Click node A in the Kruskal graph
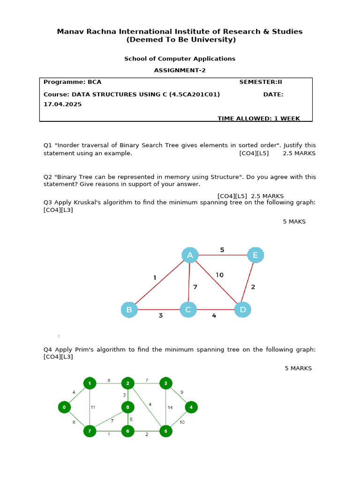click(190, 255)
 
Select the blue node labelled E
click(255, 255)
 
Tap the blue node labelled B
click(129, 310)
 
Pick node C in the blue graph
click(188, 310)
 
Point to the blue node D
click(243, 309)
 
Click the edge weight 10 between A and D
click(220, 275)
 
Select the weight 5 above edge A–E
click(222, 250)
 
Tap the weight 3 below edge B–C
click(160, 315)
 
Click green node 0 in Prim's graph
click(64, 407)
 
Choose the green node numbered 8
click(127, 407)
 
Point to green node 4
click(191, 407)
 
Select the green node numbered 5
click(165, 430)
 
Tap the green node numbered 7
click(90, 430)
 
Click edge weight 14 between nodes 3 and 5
click(170, 407)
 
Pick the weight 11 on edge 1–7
click(93, 407)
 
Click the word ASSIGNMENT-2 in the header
click(180, 70)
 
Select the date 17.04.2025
click(63, 104)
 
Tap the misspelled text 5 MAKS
click(294, 221)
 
